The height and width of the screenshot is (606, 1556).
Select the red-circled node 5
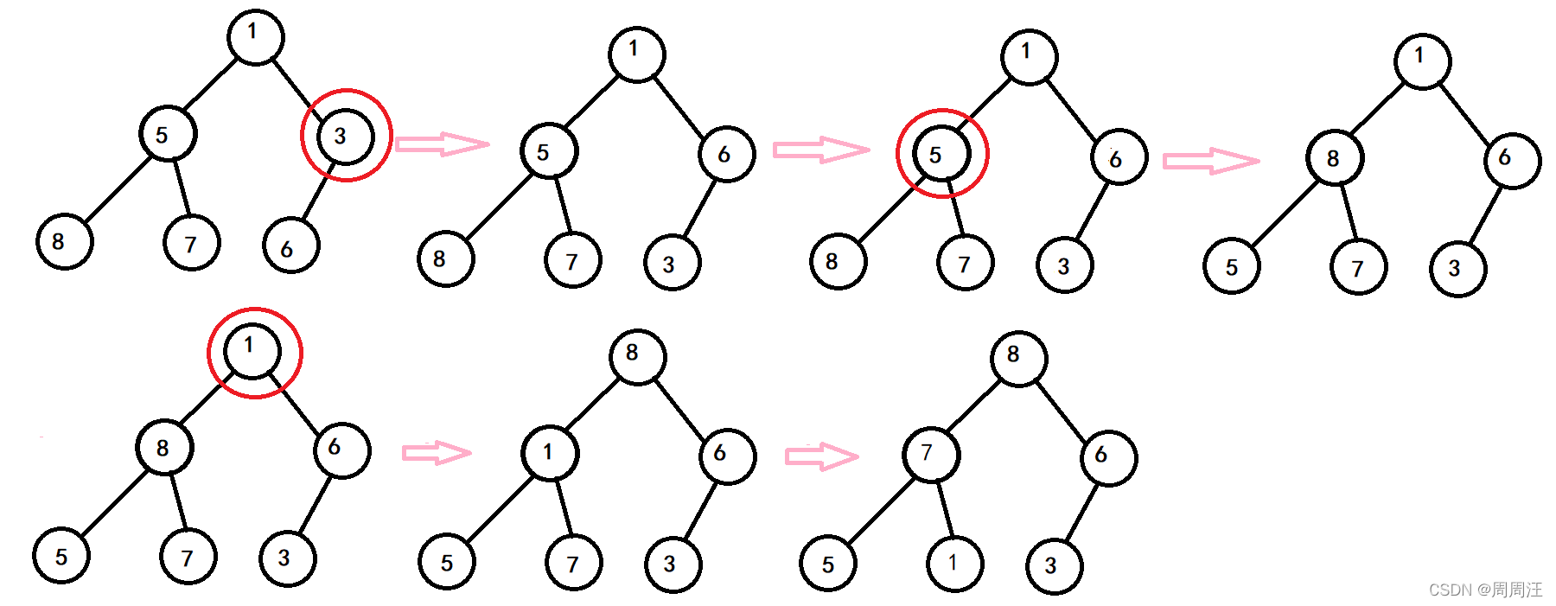point(941,155)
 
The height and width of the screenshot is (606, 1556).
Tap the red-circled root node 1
point(252,351)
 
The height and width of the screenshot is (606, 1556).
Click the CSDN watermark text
point(1485,590)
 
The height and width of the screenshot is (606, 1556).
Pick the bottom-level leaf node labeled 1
point(954,564)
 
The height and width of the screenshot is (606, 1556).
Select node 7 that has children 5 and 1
point(931,454)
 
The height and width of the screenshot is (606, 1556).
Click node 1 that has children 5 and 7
point(550,452)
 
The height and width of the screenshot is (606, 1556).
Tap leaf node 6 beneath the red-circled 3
point(291,246)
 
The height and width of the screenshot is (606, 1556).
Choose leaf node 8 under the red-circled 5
point(838,261)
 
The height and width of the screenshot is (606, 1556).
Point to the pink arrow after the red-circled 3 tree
point(442,144)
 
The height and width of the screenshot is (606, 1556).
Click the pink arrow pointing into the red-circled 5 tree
point(821,150)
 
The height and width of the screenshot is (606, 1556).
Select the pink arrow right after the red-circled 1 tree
point(437,452)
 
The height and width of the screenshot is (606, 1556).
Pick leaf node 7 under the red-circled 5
point(965,263)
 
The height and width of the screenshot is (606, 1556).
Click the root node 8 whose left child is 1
point(638,356)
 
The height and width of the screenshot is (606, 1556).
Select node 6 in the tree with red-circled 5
point(1119,157)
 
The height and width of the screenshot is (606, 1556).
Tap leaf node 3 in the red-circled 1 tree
point(287,558)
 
